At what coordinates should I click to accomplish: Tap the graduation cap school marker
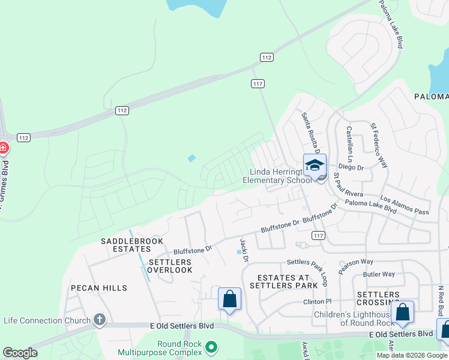315,164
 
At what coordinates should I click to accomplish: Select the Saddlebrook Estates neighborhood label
126,245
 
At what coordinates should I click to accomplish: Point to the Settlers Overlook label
170,266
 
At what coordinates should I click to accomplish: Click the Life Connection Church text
47,320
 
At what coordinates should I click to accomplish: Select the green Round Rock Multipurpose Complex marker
211,347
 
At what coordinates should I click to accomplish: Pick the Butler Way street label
379,274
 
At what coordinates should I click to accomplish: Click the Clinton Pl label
318,301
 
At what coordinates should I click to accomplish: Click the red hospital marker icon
3,148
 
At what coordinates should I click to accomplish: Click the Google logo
20,353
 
